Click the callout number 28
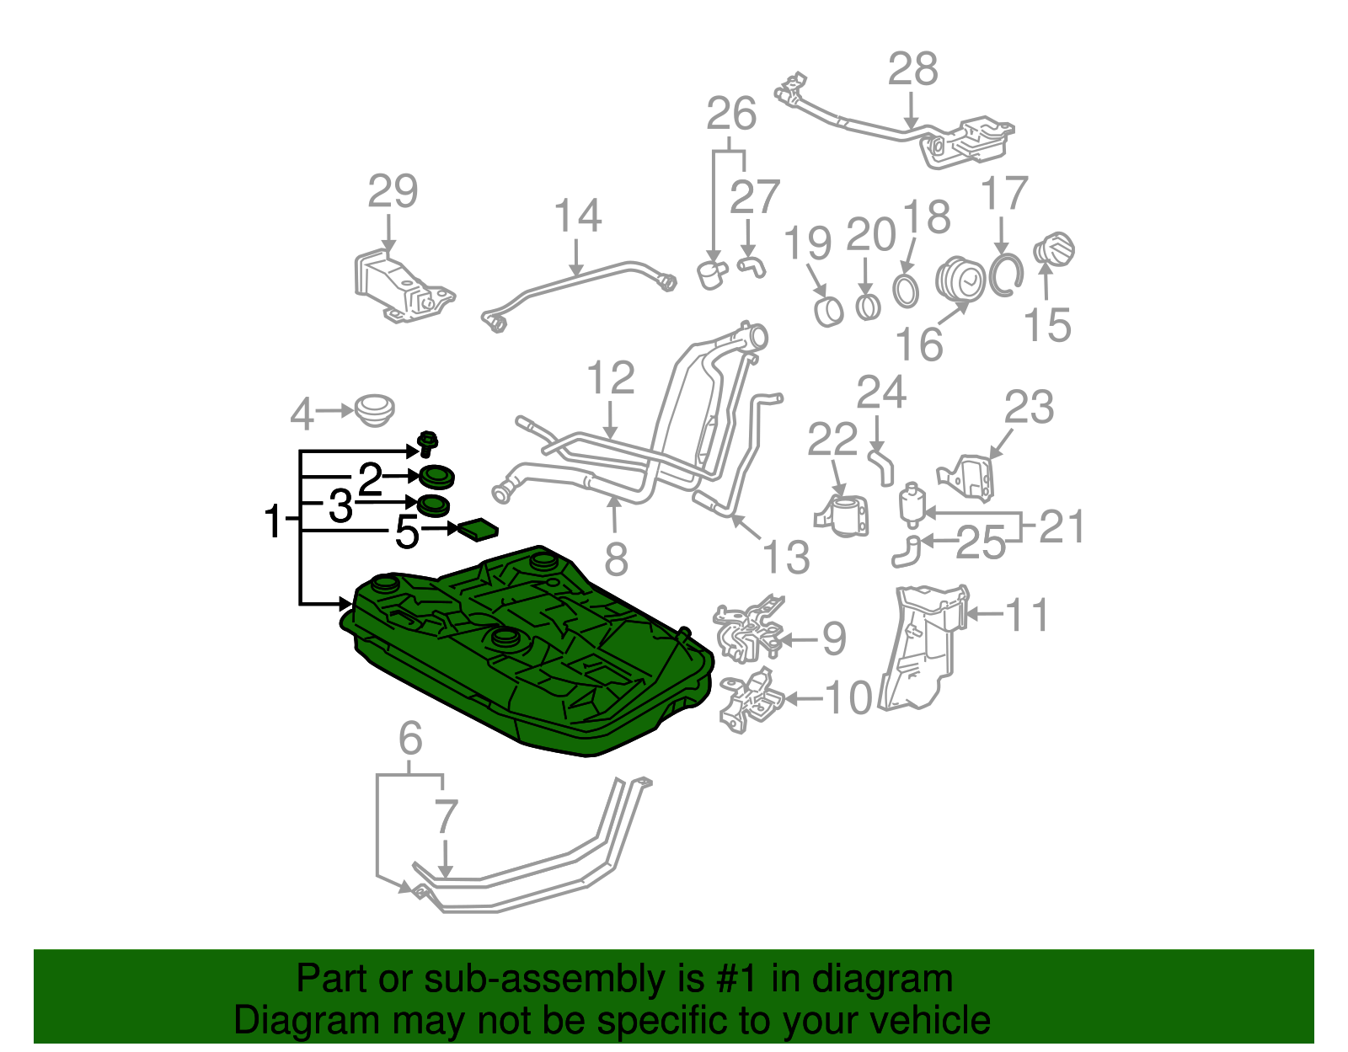coord(912,70)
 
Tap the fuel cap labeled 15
coord(1054,250)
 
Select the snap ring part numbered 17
coord(1005,275)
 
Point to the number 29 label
coord(393,192)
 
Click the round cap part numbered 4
coord(374,410)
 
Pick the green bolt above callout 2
coord(428,442)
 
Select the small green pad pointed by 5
coord(477,529)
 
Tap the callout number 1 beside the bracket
coord(273,521)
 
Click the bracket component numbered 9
coord(747,632)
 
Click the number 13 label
coord(786,557)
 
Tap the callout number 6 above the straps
coord(409,739)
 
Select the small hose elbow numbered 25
coord(907,552)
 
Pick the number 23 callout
coord(1029,408)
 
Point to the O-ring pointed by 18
coord(906,291)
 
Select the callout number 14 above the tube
coord(577,216)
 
